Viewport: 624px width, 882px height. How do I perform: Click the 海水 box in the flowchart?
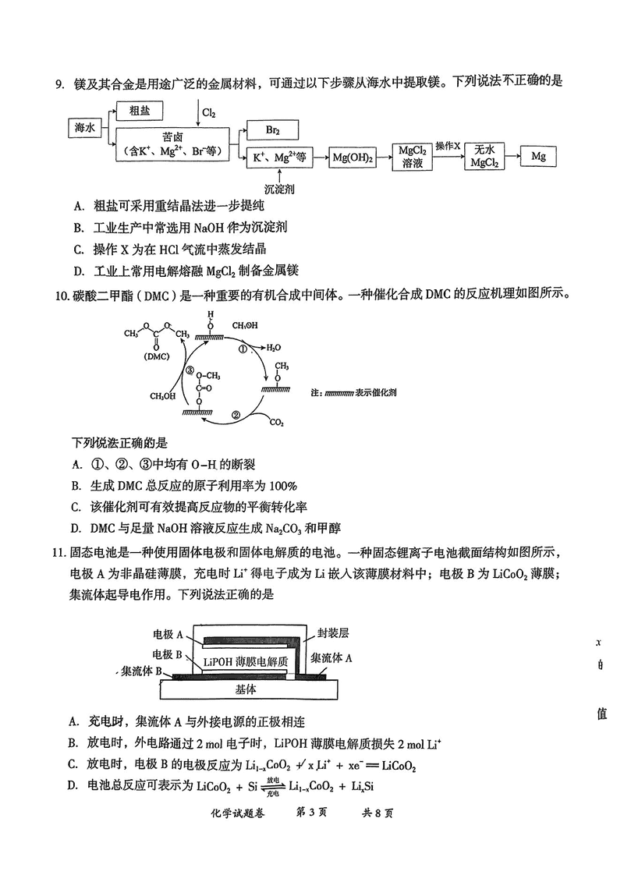point(84,128)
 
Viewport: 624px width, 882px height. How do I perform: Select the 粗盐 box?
point(140,111)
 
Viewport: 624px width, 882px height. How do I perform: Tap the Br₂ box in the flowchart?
point(273,130)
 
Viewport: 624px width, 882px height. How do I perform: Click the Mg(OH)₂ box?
point(353,158)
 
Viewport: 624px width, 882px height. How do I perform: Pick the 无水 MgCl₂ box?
point(484,157)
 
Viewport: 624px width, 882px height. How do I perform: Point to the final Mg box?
point(538,157)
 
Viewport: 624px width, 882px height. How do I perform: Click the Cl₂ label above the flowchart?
point(209,113)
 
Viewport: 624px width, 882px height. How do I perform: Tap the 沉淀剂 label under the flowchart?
point(279,189)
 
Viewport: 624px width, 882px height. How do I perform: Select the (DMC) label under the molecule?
point(157,356)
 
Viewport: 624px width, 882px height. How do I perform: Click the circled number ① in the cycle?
point(243,349)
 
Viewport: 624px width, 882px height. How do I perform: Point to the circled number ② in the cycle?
point(236,415)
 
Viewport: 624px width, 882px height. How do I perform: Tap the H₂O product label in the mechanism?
point(274,348)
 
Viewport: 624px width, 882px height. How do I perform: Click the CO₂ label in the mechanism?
point(276,422)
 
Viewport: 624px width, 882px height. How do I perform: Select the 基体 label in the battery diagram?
point(246,689)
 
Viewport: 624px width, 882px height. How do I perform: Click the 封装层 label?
point(333,632)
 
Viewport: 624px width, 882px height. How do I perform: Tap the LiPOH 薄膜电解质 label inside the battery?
point(246,661)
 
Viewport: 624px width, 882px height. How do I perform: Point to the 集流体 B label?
point(142,671)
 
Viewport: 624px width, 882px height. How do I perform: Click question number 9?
point(61,83)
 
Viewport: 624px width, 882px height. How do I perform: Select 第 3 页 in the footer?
point(311,813)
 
